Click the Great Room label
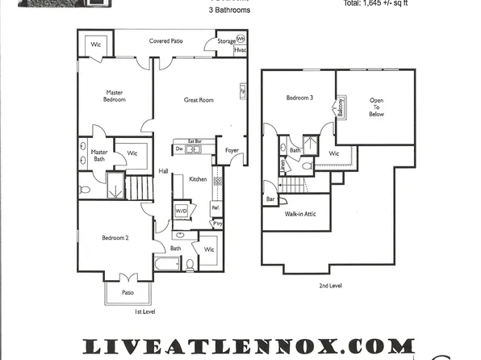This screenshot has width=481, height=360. coord(199,100)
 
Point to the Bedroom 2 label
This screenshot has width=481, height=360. coord(115,238)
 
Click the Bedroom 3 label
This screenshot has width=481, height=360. coord(299,98)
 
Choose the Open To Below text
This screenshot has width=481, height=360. coord(377,108)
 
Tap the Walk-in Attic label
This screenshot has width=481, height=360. coord(299,215)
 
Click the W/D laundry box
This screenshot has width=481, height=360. coord(182,211)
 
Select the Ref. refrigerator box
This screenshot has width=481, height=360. coord(215,207)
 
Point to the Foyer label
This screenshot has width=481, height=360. coord(232,149)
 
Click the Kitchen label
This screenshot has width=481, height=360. coord(199,179)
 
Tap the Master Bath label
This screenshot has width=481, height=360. coord(99,155)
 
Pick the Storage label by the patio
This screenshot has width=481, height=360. coord(227,40)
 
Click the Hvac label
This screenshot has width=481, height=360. coord(240,50)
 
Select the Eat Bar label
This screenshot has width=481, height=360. coord(194,141)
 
